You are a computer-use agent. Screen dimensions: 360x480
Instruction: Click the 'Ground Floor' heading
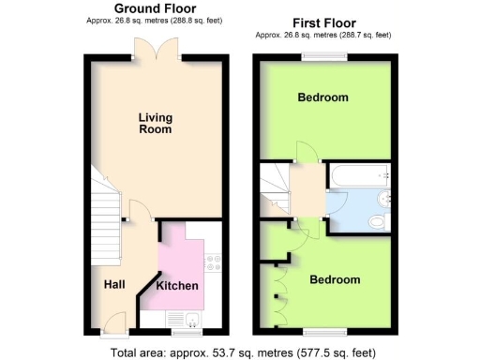(x=155, y=8)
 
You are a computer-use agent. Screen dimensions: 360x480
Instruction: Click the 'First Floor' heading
(x=323, y=22)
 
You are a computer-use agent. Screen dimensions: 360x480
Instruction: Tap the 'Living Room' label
(x=155, y=124)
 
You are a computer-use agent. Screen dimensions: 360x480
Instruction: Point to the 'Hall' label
(x=114, y=284)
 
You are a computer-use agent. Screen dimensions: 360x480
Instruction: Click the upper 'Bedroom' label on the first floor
(x=322, y=97)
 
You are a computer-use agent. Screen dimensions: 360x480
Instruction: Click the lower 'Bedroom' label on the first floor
(x=335, y=280)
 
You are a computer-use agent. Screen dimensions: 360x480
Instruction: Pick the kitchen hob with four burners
(x=213, y=260)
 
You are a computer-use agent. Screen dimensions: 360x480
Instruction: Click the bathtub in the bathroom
(x=358, y=172)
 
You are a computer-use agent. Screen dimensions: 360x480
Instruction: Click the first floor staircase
(x=274, y=187)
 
